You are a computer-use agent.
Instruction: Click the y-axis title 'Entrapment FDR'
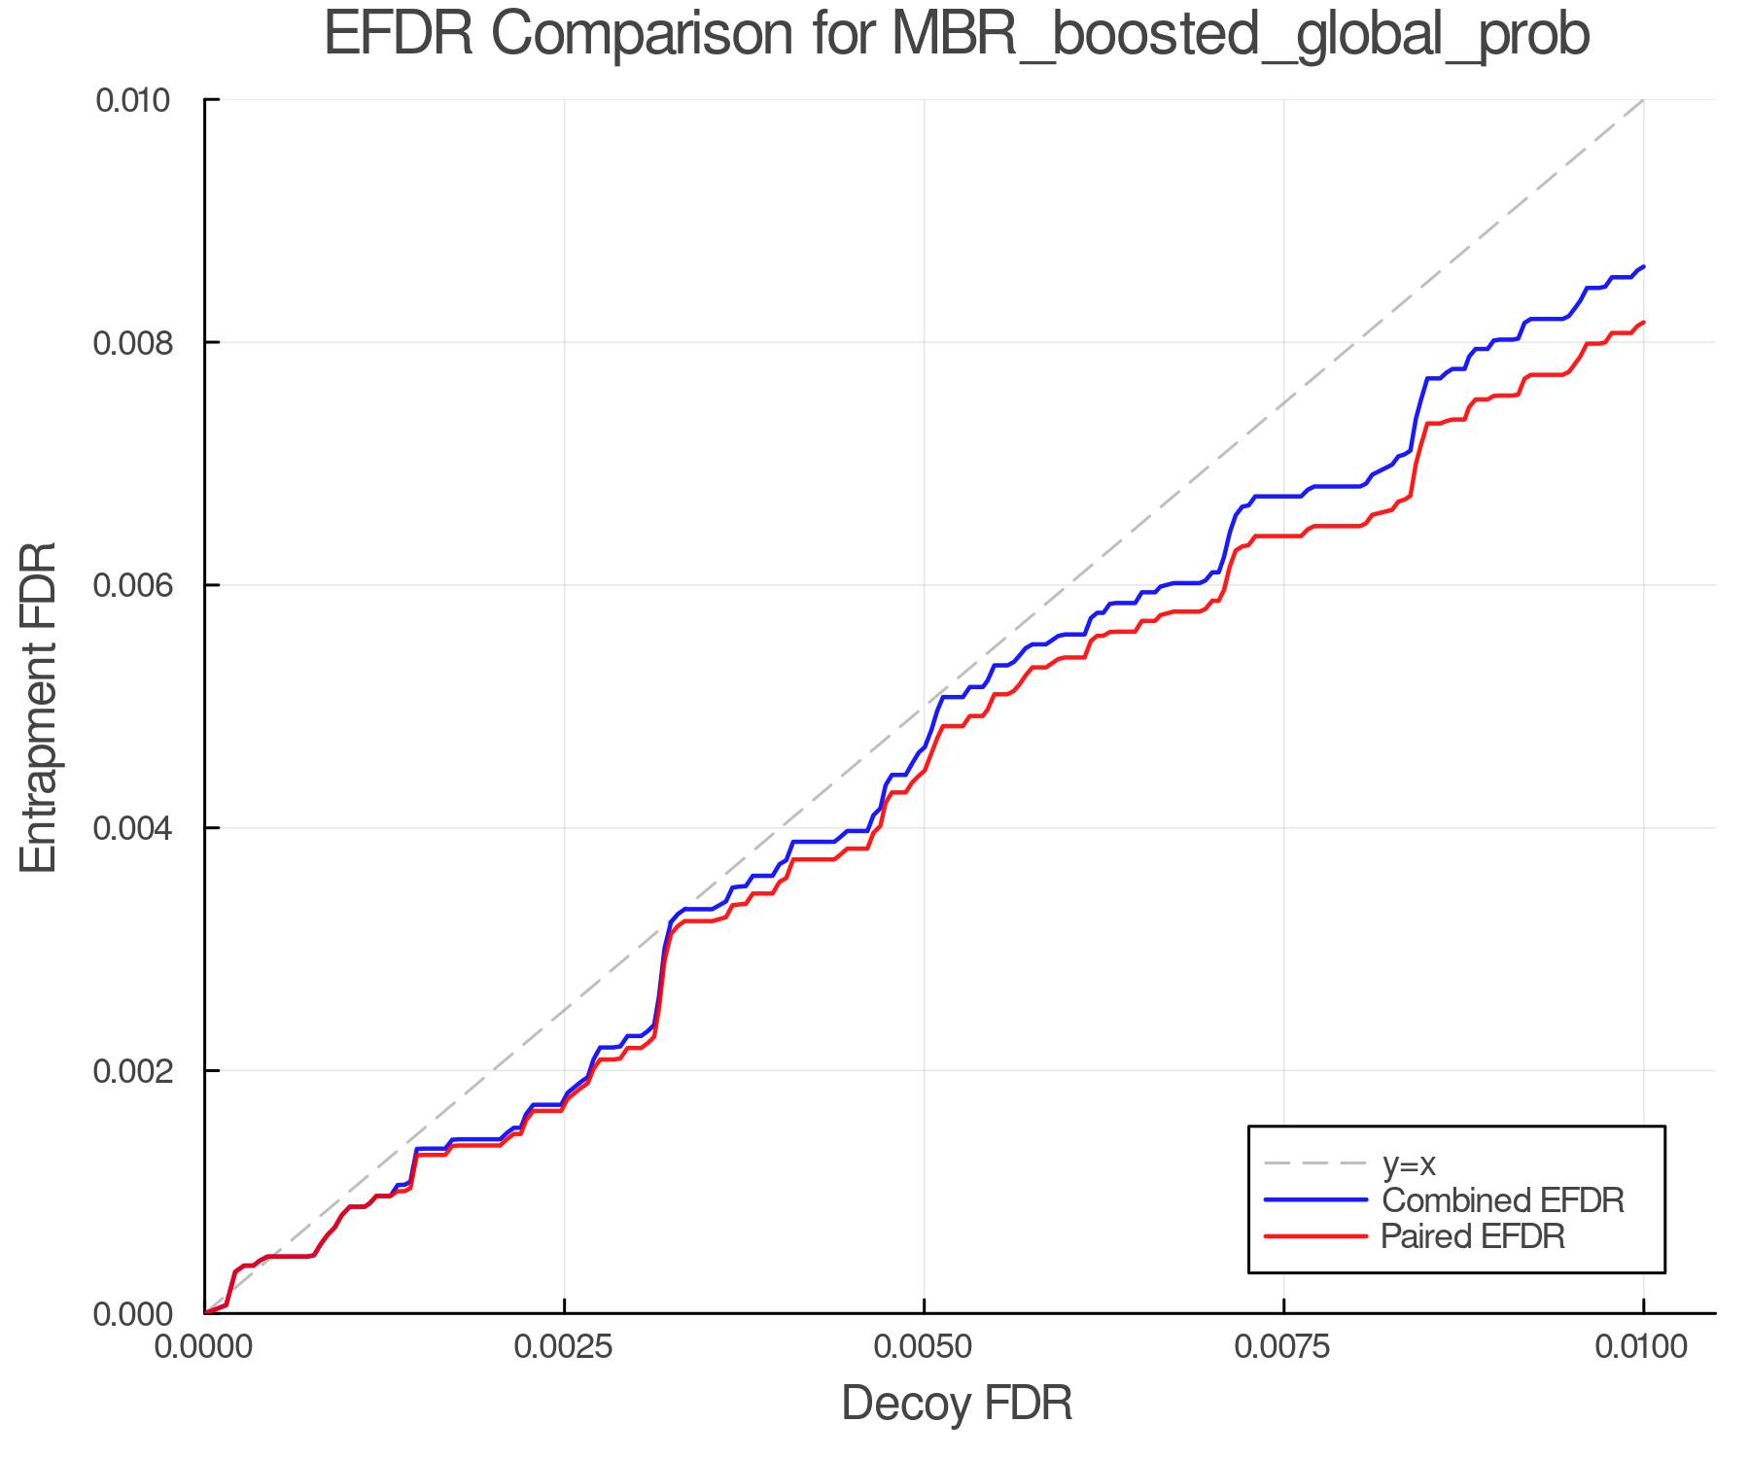(39, 707)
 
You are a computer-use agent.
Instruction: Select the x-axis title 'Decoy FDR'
(957, 1403)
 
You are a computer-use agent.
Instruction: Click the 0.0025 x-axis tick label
(564, 1347)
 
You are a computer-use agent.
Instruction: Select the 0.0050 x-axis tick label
(924, 1347)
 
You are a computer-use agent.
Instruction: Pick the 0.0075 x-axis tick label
(1283, 1347)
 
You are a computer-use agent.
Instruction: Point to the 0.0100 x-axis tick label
(1643, 1347)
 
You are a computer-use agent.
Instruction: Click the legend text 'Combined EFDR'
(1502, 1200)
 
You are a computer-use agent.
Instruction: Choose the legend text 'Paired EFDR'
(1473, 1236)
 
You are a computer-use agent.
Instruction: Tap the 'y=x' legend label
(1409, 1163)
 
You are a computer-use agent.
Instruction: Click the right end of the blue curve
(1643, 266)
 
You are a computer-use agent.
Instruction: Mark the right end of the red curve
(1643, 322)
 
